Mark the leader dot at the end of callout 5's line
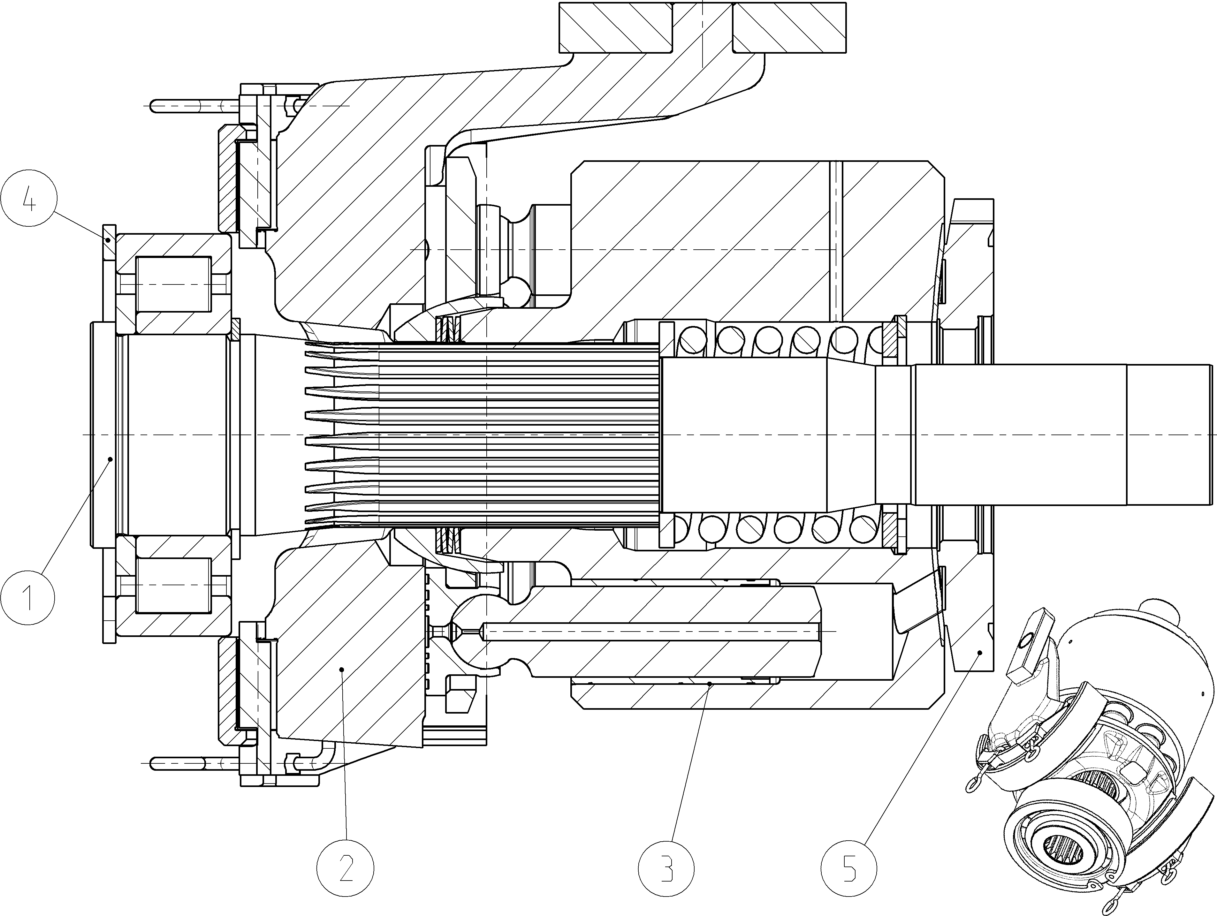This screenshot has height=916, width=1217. pos(980,653)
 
